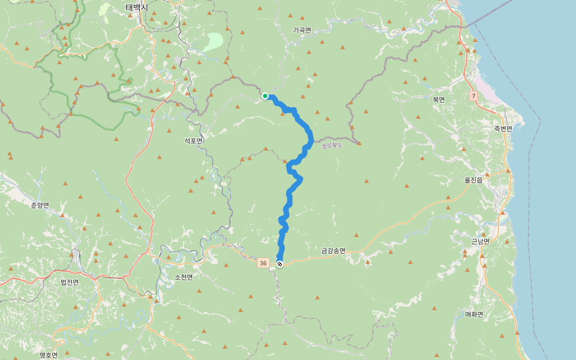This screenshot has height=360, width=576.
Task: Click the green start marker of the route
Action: pos(265,95)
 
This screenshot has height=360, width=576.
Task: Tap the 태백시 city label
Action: pos(137,8)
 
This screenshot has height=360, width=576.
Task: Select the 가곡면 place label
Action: pos(302,30)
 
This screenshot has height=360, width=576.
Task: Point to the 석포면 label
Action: pos(194,140)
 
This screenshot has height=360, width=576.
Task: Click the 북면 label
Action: pos(439,100)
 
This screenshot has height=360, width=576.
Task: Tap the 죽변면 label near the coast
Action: pos(503,129)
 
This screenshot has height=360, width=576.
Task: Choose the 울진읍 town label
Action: pos(473,179)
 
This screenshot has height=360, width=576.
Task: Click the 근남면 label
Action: pos(480,241)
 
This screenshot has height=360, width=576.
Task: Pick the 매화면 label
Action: pos(474,314)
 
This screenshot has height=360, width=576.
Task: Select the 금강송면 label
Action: pos(334,251)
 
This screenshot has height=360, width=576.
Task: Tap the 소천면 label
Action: pos(184,277)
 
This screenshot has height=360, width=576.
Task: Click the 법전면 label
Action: pos(70,281)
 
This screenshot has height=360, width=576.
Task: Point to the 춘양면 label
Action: pos(40,205)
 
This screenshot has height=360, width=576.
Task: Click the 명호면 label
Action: pos(49,355)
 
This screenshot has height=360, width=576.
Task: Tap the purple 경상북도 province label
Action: pos(331,145)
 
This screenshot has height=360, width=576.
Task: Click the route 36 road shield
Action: pos(263,263)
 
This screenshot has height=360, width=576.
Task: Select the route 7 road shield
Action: pos(473,96)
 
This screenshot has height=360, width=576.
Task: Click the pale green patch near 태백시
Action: pos(213,41)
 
